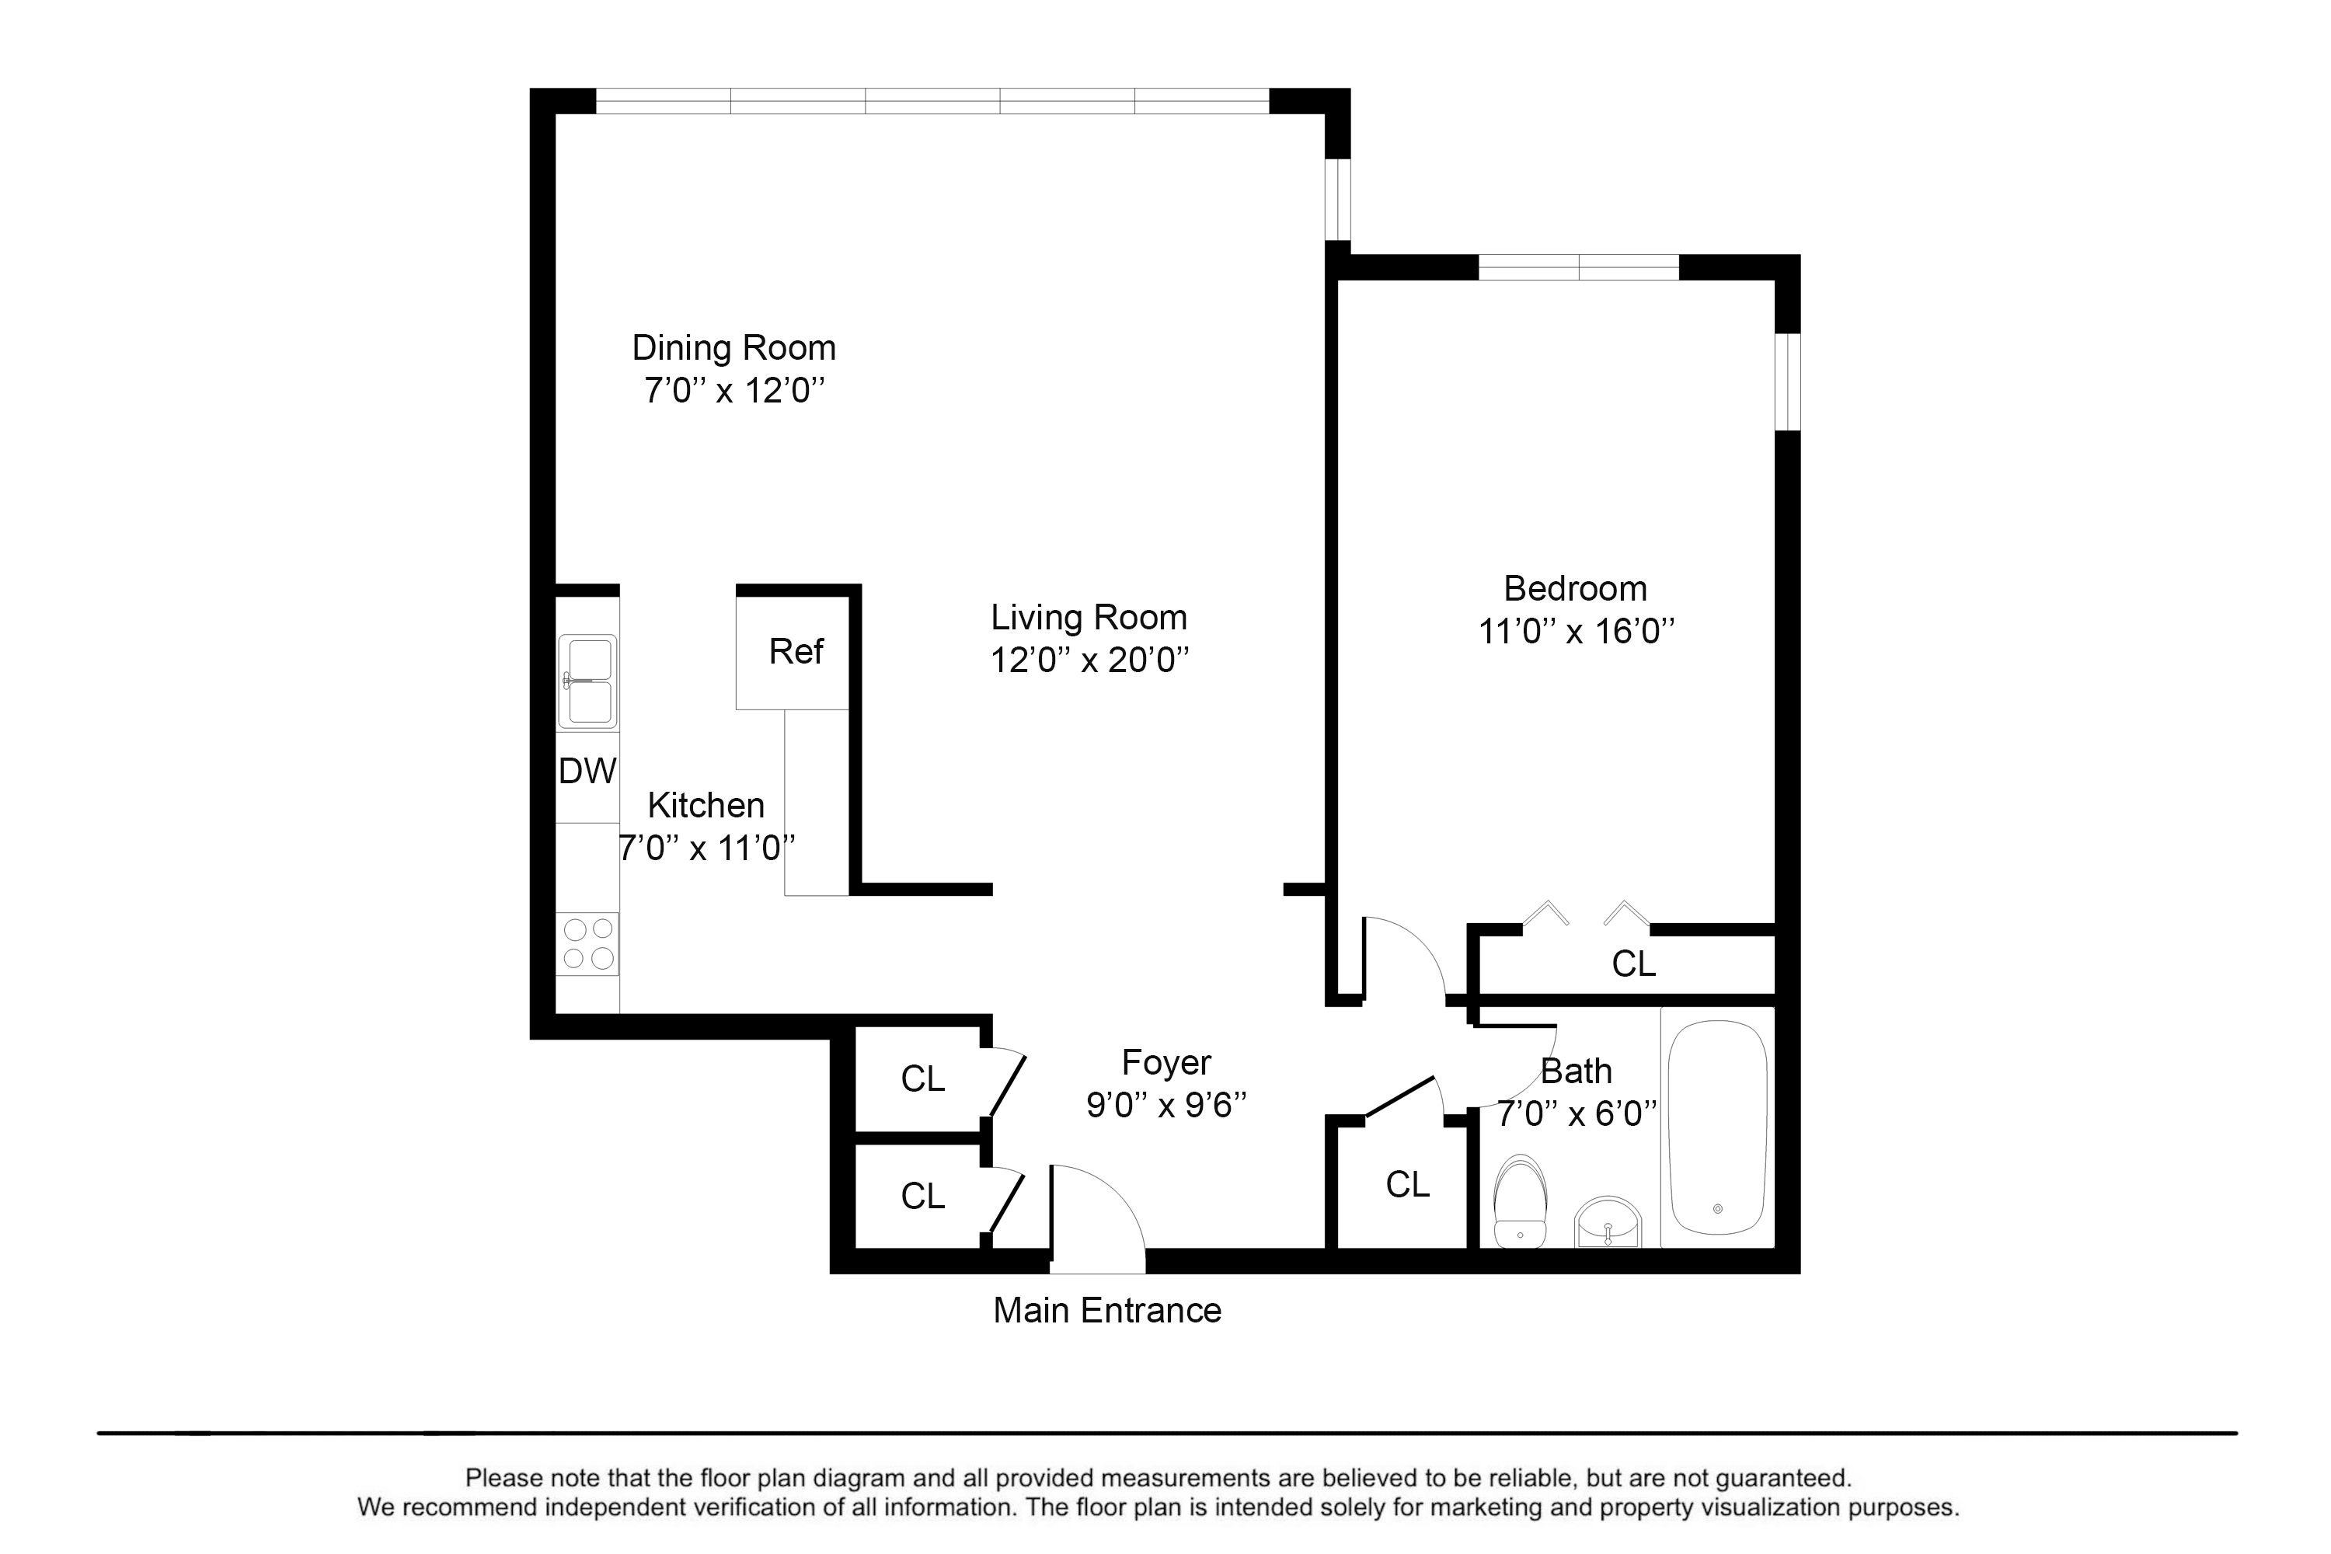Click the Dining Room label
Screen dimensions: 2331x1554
tap(733, 348)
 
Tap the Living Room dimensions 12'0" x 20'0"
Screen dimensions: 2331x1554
tap(1089, 660)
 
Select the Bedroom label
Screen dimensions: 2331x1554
tap(1575, 589)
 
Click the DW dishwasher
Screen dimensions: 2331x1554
tap(587, 771)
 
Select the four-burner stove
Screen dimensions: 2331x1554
tap(587, 943)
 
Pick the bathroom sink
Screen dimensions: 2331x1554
tap(1608, 1223)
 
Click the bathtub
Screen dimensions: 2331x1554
tap(1717, 1127)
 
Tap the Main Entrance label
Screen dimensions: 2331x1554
tap(1107, 1312)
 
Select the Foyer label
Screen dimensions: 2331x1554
tap(1166, 1062)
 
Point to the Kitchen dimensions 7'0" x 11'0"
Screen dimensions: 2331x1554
tap(706, 848)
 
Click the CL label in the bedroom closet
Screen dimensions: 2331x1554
tap(1633, 963)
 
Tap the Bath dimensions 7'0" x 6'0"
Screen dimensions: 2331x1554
tap(1576, 1114)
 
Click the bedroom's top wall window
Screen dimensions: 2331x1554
tap(1579, 267)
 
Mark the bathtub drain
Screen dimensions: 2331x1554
tap(1717, 1209)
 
